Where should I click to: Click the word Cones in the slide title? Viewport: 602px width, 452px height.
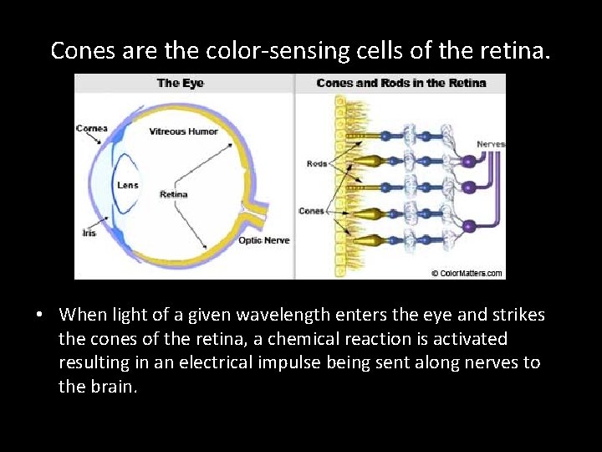84,51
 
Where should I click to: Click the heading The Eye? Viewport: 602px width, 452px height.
181,83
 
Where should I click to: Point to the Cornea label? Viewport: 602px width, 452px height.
91,128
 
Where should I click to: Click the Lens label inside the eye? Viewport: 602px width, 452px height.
128,185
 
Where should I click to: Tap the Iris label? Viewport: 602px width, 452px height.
89,233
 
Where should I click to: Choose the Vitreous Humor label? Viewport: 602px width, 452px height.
183,131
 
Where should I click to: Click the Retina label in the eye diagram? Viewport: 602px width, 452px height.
174,195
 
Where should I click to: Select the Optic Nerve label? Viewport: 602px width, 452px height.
264,240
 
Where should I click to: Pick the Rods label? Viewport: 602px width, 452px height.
317,164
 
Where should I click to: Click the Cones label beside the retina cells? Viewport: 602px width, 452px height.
311,211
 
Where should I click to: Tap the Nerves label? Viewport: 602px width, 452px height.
491,145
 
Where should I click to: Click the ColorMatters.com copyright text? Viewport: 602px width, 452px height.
467,273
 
